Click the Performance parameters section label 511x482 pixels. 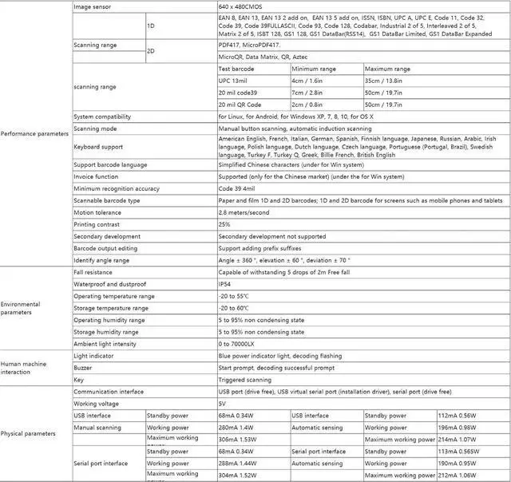point(35,133)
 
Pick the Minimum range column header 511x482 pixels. point(314,69)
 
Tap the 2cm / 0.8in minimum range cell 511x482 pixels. point(307,104)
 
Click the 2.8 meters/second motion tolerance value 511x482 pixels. point(245,213)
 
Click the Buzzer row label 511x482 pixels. point(83,369)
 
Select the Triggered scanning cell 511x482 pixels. point(244,380)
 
